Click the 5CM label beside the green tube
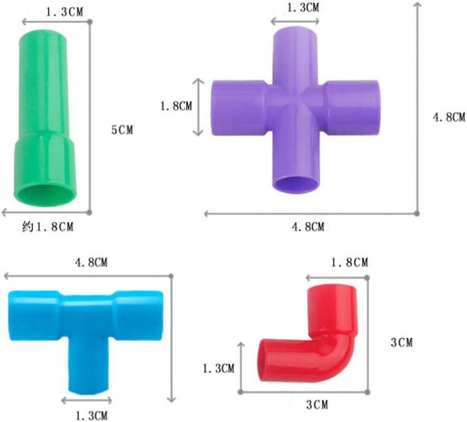(122, 130)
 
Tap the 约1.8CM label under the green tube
(47, 227)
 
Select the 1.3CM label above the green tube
(65, 12)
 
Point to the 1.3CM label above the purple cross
(303, 7)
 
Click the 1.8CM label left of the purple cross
(177, 106)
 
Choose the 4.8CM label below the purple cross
(308, 227)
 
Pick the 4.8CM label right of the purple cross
(449, 117)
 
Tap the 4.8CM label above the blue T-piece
(91, 262)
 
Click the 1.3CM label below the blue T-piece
(92, 415)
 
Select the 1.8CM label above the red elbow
(349, 262)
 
